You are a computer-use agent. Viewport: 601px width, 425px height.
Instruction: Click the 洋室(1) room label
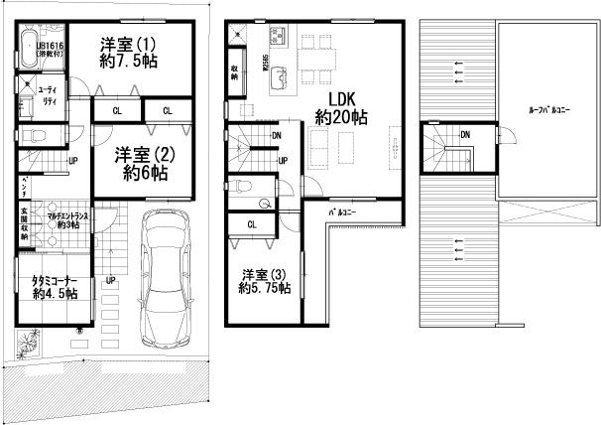tap(128, 53)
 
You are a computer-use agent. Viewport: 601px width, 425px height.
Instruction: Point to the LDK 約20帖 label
tap(341, 107)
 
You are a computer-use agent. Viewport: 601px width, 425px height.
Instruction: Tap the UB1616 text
tap(50, 47)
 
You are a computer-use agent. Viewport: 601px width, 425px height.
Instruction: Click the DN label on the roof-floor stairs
tap(464, 133)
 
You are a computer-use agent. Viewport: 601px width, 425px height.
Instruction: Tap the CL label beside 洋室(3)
tap(252, 224)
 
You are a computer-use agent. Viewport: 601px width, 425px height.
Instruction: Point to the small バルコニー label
tap(343, 212)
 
